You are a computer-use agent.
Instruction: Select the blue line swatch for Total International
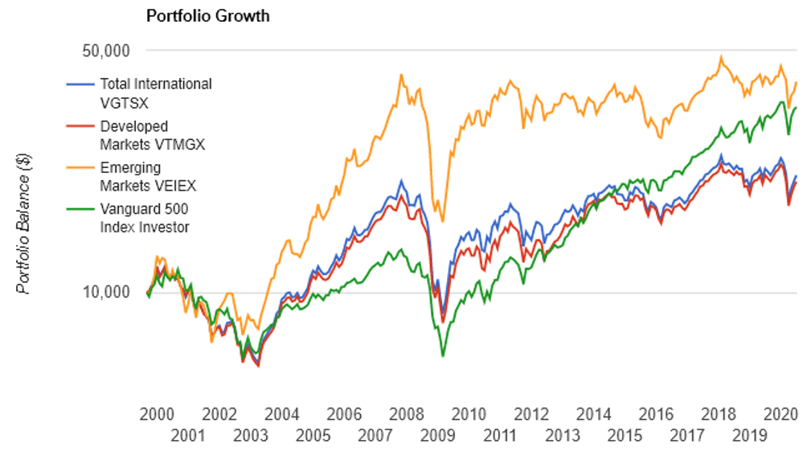click(81, 84)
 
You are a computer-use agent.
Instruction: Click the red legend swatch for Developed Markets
click(81, 126)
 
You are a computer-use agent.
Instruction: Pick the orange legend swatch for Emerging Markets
click(81, 168)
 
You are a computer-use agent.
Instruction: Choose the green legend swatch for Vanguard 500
click(81, 210)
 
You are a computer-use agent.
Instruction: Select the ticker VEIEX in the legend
click(172, 186)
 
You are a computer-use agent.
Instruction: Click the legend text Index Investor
click(145, 228)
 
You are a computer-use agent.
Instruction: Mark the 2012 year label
click(531, 415)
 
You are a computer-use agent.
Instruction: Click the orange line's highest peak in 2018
click(721, 57)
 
